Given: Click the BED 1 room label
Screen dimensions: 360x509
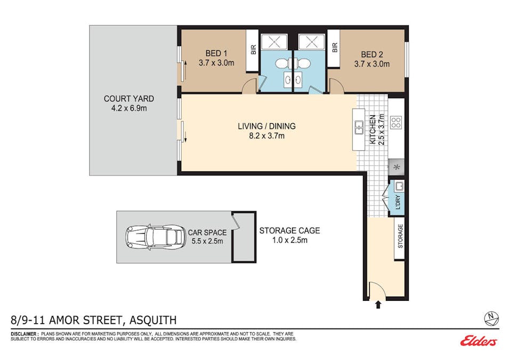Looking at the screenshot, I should [x=216, y=53].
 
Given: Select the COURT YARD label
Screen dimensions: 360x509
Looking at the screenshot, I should [x=129, y=99].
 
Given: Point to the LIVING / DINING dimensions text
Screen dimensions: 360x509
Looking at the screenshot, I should [x=266, y=136].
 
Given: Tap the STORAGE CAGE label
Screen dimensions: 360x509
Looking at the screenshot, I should [x=289, y=231].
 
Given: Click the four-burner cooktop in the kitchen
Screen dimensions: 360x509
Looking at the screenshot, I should [x=396, y=123].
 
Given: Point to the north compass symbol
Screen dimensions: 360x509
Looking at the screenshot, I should [x=490, y=318].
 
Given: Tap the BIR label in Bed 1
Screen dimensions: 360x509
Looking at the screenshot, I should [x=254, y=49].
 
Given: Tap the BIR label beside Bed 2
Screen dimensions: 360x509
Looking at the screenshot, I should [x=335, y=48].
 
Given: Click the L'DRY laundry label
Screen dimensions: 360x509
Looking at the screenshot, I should [x=398, y=203].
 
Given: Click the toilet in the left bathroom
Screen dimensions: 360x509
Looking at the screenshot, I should [x=283, y=64].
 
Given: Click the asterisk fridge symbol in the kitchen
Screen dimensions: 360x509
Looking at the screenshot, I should [x=397, y=167].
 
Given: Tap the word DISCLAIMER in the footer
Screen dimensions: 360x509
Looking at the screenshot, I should [x=24, y=333].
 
